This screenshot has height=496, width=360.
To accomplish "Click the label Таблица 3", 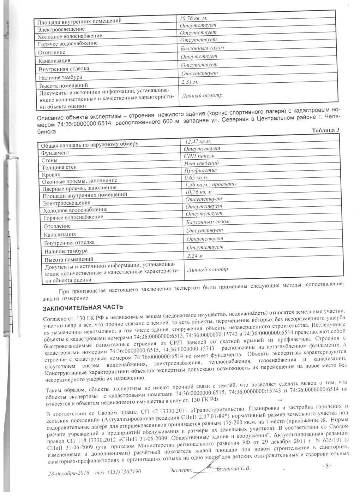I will (x=325, y=130).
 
